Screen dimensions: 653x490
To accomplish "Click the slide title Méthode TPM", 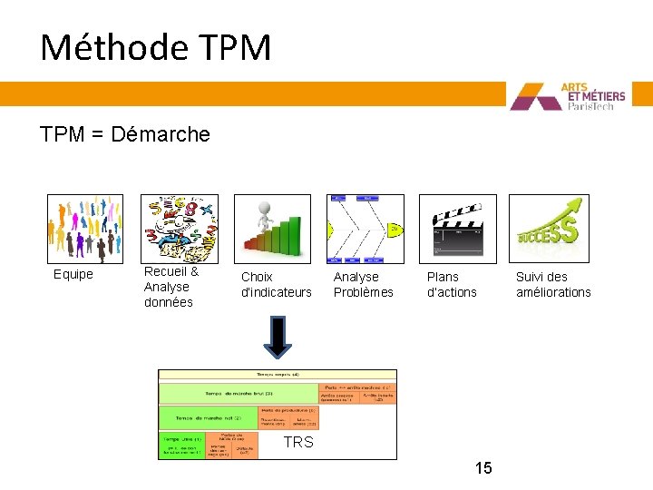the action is pos(155,48).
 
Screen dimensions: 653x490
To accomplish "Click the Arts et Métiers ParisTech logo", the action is pos(579,96).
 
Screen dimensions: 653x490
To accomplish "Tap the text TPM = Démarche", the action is pos(125,135).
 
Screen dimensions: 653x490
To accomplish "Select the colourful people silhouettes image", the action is pos(84,229).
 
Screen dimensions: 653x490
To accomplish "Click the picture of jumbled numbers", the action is pos(180,229).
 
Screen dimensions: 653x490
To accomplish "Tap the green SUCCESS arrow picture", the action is pos(549,229).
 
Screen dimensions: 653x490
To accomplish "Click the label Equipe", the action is pos(73,275).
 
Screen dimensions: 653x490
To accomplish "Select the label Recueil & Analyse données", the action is pos(171,287).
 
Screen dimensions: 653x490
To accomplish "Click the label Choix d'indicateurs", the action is pos(276,284).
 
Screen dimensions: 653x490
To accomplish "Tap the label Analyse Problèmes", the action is pos(364,284).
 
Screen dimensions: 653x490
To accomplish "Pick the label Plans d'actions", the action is pos(452,284).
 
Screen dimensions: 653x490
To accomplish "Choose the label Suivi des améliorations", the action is pos(553,284).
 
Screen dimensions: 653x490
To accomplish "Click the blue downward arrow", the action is pos(278,337).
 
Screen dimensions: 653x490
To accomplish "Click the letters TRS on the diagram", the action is pos(297,442).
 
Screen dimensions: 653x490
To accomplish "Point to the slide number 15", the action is pos(483,468).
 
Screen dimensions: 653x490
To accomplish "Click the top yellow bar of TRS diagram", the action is pos(278,374).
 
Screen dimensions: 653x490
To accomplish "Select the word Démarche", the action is pos(161,135).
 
